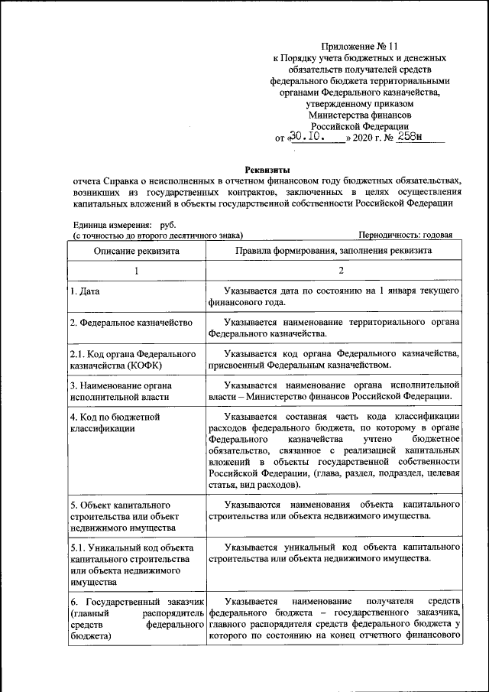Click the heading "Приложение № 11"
click(x=359, y=46)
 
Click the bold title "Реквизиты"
click(x=267, y=169)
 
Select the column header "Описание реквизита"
click(x=137, y=251)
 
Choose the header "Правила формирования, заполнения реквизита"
click(x=334, y=251)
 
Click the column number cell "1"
click(x=137, y=271)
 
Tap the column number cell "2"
click(x=334, y=271)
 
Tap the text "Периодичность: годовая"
click(x=405, y=236)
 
